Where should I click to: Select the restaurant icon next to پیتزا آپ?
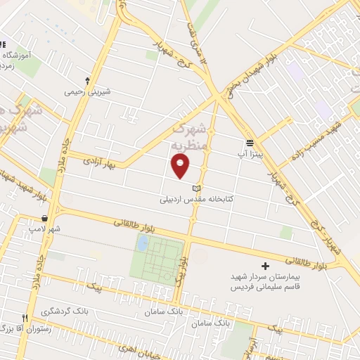[250, 142]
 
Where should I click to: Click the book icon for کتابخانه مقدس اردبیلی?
[196, 188]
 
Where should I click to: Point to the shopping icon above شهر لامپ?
[45, 218]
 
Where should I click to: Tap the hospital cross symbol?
[265, 266]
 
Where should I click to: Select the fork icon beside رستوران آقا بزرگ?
[25, 318]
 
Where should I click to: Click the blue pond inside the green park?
[143, 243]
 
